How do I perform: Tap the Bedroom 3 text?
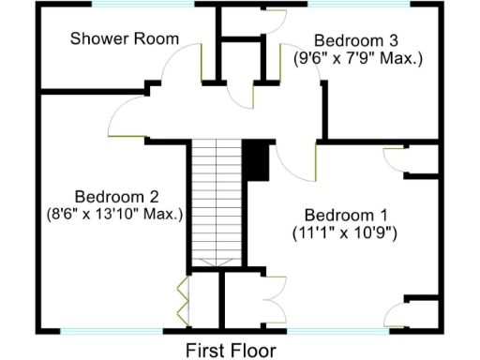(355, 40)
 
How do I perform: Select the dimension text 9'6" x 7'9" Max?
(359, 58)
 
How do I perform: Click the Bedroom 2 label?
(116, 197)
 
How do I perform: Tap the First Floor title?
(231, 351)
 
